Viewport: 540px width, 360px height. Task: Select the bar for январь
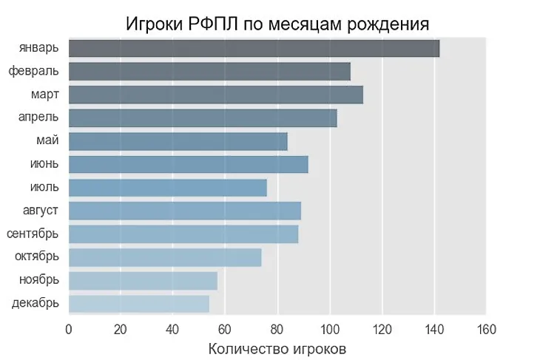click(x=254, y=49)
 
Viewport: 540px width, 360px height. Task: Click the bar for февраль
click(x=209, y=72)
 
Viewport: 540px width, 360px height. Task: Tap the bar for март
click(x=216, y=95)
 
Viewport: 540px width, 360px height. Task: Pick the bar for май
click(x=178, y=141)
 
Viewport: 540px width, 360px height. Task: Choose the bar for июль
click(x=168, y=188)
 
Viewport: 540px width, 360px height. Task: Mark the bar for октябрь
click(x=165, y=257)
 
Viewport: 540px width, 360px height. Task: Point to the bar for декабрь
click(x=139, y=303)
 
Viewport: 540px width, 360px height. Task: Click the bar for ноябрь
click(x=143, y=280)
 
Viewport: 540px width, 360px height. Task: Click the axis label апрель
click(x=39, y=118)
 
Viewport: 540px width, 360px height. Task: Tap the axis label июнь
click(x=44, y=164)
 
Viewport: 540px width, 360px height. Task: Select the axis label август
click(x=41, y=211)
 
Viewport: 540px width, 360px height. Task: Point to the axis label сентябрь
click(x=33, y=234)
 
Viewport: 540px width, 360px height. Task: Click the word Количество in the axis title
click(x=246, y=347)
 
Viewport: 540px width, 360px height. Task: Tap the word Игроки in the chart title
click(x=152, y=24)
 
